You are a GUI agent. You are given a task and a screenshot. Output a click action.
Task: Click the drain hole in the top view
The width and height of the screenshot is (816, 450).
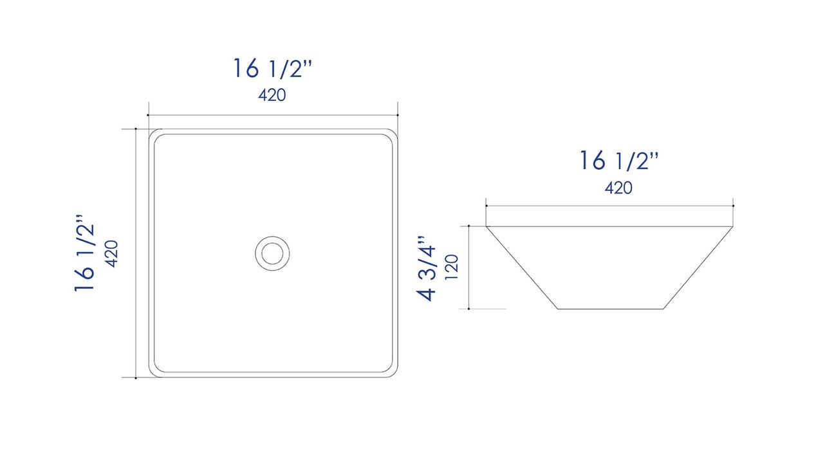point(273,253)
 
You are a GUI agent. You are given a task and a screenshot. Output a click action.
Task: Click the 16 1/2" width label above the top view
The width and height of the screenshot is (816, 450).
point(272,67)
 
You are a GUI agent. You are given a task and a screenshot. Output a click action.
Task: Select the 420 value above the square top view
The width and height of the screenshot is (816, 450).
point(272,95)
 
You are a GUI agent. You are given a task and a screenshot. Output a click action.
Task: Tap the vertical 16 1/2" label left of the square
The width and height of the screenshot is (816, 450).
point(86,253)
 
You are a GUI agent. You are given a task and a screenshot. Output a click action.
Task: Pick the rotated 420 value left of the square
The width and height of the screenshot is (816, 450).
point(111,253)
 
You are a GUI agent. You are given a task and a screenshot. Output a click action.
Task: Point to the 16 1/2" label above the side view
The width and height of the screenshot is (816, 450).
point(618,160)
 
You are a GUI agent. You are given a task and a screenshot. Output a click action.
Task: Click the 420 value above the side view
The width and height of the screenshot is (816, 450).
point(618,188)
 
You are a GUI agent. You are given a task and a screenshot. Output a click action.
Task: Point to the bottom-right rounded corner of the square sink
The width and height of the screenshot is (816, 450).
point(391,372)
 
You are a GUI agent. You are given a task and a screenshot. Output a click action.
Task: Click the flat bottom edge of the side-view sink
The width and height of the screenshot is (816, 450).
point(610,309)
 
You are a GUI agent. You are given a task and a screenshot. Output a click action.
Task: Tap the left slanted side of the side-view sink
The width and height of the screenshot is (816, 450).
point(521,267)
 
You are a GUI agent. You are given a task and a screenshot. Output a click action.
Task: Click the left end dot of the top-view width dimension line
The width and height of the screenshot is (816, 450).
point(148,115)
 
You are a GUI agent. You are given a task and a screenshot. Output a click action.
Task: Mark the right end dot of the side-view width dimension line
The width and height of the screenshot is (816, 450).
point(733,206)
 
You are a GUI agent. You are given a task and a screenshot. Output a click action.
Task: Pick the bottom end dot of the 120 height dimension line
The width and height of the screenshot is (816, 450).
point(469,309)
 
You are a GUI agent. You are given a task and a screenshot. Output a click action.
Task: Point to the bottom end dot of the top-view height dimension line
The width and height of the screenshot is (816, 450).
point(136,377)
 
